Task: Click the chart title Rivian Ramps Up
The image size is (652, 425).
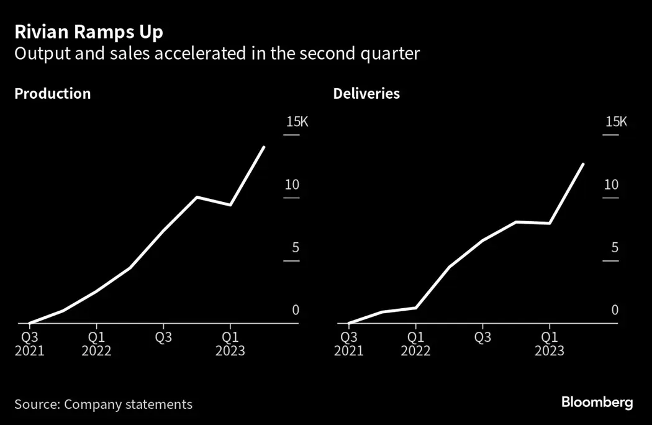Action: pyautogui.click(x=89, y=32)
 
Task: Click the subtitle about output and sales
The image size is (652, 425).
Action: pyautogui.click(x=217, y=54)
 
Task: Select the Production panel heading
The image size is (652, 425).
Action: pyautogui.click(x=52, y=94)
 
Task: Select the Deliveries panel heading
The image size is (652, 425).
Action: pyautogui.click(x=366, y=94)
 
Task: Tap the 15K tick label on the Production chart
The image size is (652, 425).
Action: pyautogui.click(x=297, y=122)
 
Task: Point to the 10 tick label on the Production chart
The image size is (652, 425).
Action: pyautogui.click(x=292, y=185)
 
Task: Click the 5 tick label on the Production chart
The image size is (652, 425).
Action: pyautogui.click(x=296, y=247)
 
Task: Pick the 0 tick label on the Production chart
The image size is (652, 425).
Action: pyautogui.click(x=296, y=310)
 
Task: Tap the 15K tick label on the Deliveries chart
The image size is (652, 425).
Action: pyautogui.click(x=616, y=122)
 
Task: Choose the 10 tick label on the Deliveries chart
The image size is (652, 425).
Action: pyautogui.click(x=612, y=185)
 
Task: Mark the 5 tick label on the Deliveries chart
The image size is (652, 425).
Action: pyautogui.click(x=615, y=247)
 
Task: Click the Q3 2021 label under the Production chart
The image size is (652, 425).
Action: pyautogui.click(x=29, y=344)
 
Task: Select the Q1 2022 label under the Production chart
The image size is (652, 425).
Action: pyautogui.click(x=96, y=344)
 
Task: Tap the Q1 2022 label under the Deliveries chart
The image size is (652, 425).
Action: pyautogui.click(x=415, y=344)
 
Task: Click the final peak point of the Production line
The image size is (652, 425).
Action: pyautogui.click(x=265, y=147)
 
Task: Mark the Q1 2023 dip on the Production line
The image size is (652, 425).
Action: pyautogui.click(x=230, y=205)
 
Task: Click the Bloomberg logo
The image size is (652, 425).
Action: pyautogui.click(x=597, y=403)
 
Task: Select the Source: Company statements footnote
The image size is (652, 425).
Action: pyautogui.click(x=103, y=404)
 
